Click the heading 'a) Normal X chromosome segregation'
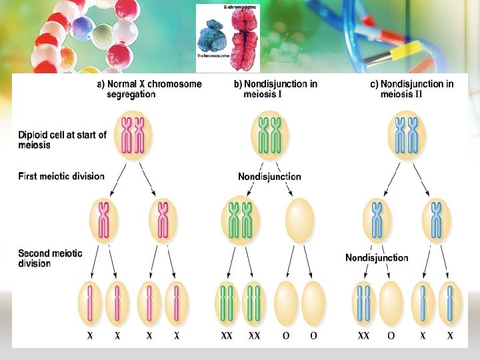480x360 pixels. (x=149, y=89)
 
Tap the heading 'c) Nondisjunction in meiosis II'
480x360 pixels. (x=412, y=89)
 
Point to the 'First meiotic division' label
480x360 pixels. (x=61, y=177)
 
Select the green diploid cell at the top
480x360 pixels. (x=270, y=135)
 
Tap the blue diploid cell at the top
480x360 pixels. (x=406, y=135)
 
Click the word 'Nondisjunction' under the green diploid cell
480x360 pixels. (x=269, y=177)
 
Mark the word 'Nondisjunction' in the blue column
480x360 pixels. (x=377, y=258)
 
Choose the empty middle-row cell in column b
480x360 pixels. (x=299, y=221)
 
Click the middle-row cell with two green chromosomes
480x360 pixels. (x=241, y=221)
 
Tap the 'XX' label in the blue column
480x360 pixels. (x=363, y=336)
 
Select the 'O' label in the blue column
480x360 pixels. (x=391, y=336)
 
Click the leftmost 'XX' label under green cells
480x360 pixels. (x=227, y=336)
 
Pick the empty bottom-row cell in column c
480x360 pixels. (x=391, y=303)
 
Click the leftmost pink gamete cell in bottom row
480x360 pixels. (x=90, y=303)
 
